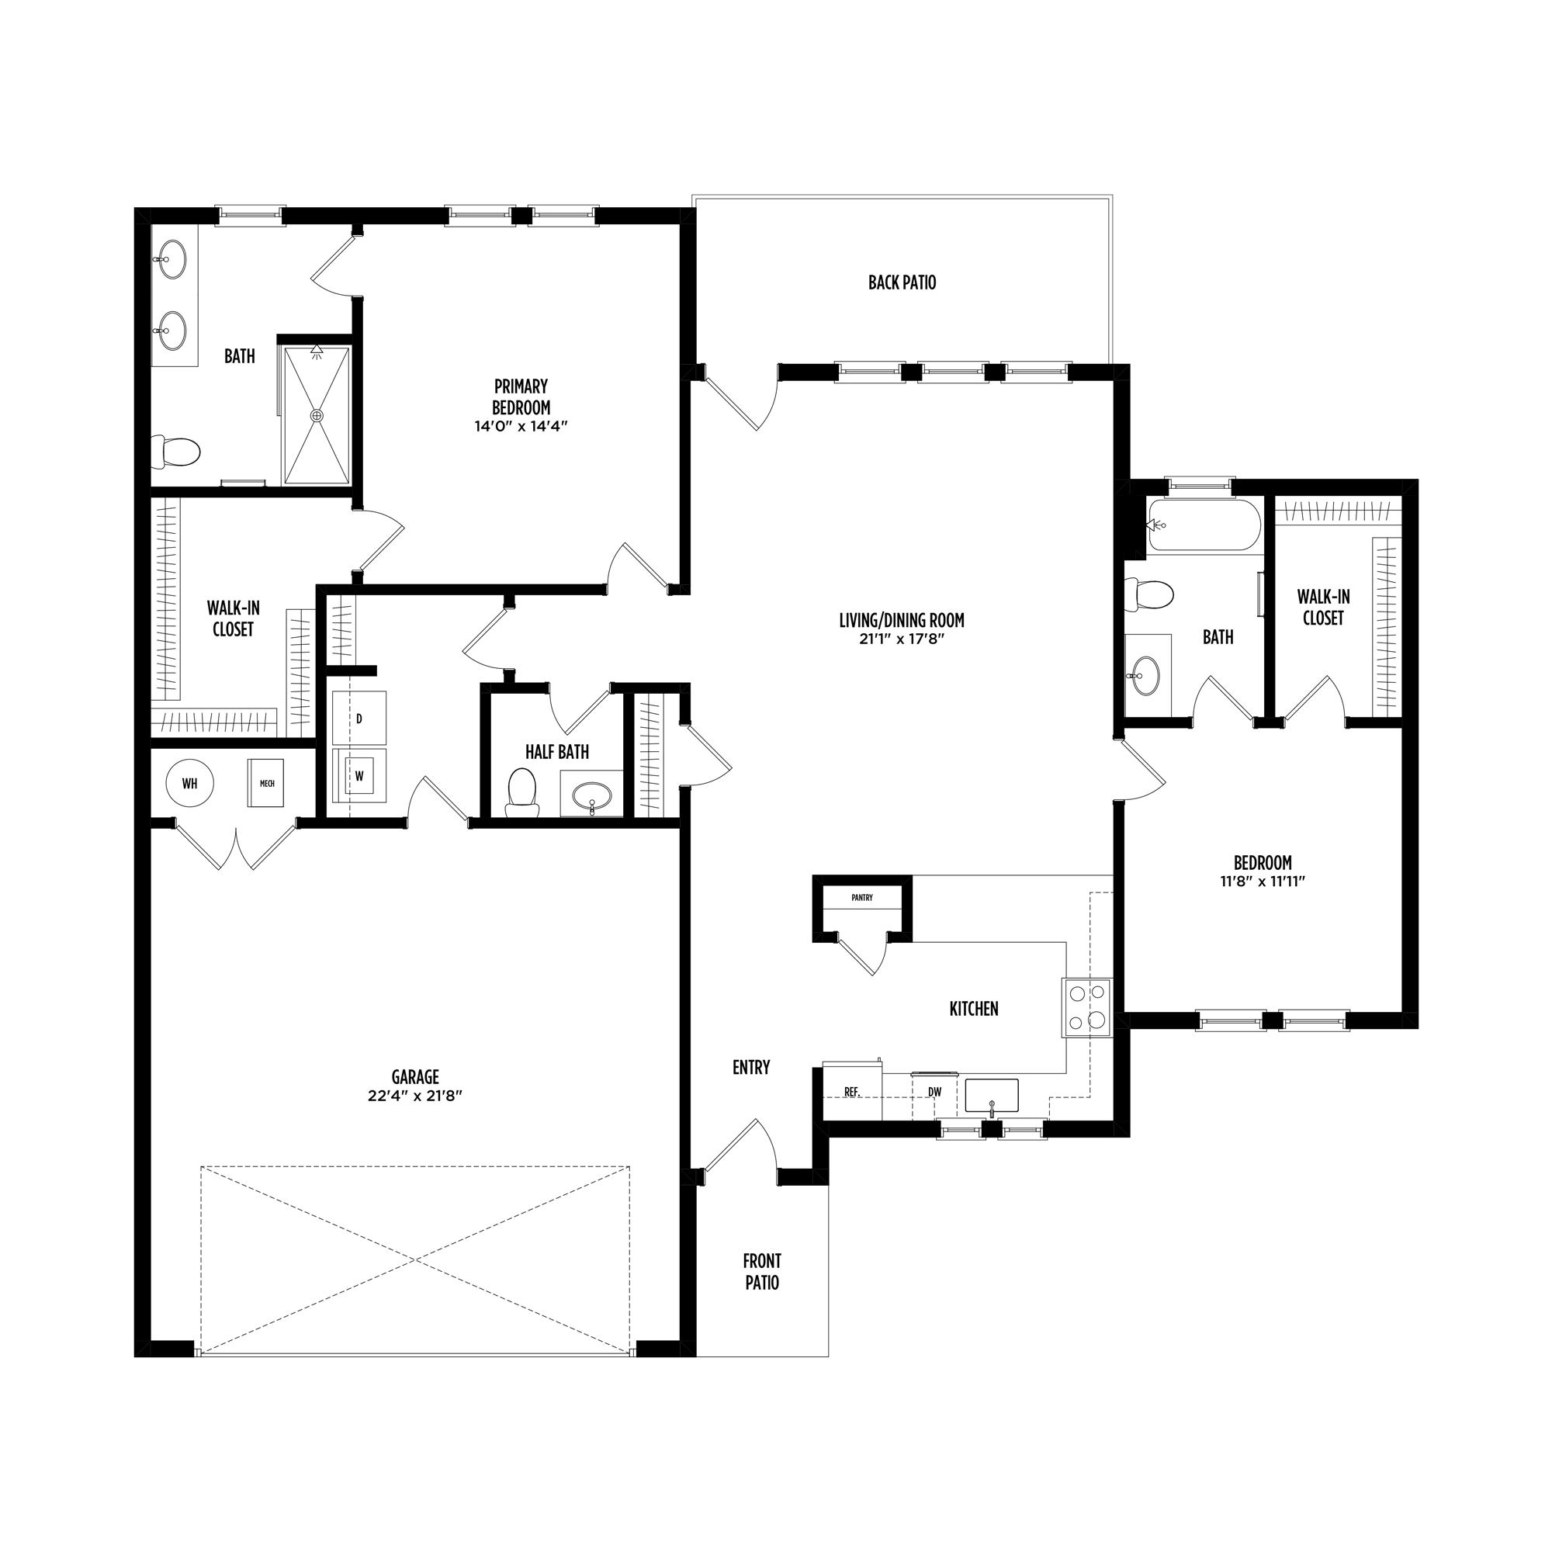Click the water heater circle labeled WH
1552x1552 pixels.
(189, 783)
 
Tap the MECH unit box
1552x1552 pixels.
(266, 783)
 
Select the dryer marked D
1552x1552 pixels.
(359, 718)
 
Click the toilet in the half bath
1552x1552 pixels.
(522, 792)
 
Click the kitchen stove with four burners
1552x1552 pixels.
(1087, 1008)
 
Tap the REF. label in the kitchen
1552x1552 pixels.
(851, 1093)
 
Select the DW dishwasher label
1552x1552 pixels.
(934, 1093)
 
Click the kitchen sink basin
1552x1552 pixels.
(991, 1096)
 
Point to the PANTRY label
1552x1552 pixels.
(862, 898)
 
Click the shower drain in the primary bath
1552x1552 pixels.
(317, 415)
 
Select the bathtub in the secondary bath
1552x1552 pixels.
(1204, 525)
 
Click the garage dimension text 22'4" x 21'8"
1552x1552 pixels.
(415, 1096)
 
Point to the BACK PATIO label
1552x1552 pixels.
(902, 282)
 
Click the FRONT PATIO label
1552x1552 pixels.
(762, 1272)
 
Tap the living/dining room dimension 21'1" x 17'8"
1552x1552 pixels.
(901, 639)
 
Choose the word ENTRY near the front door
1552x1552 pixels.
(751, 1068)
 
